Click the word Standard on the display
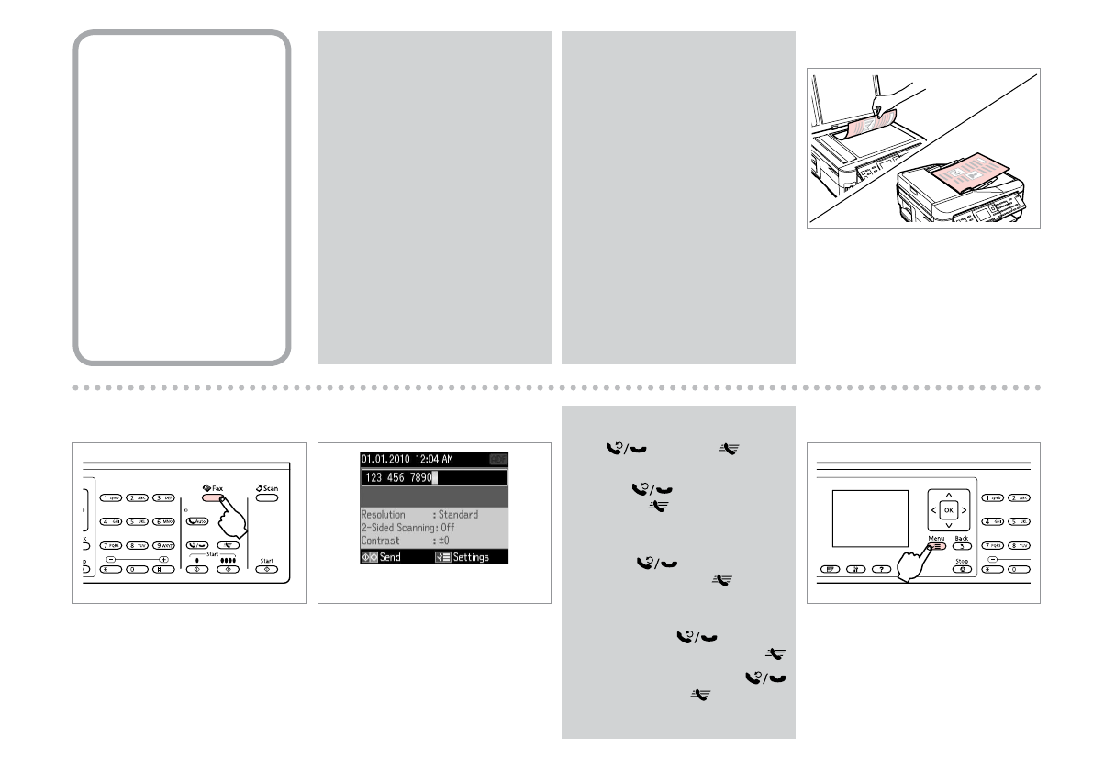click(458, 515)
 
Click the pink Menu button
click(934, 544)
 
